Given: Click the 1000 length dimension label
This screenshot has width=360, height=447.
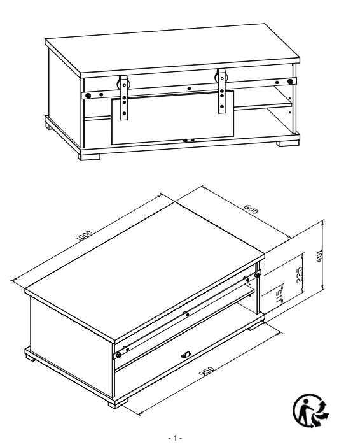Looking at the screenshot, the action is [84, 236].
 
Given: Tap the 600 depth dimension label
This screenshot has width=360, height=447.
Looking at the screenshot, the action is [251, 209].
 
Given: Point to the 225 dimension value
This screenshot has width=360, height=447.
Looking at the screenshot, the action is [299, 274].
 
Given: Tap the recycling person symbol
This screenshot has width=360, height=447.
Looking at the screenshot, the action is [311, 410].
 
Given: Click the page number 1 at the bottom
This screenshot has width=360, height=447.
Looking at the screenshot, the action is [175, 438].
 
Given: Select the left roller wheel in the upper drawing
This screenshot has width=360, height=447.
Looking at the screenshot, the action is [119, 85].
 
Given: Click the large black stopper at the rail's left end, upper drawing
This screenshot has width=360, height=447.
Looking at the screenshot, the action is [88, 96].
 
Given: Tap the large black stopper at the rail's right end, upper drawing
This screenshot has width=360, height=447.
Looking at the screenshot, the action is [290, 82].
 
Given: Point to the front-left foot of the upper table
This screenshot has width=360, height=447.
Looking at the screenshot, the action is [90, 157].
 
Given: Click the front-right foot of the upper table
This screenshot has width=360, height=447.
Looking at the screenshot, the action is [288, 143].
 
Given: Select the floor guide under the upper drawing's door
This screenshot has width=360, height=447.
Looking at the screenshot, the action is [188, 140].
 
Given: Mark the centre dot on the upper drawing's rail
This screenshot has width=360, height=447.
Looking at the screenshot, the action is [189, 89].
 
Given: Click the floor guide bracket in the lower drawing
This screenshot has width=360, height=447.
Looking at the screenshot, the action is [186, 355].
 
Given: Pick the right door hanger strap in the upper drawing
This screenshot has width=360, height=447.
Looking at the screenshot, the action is [222, 91].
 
